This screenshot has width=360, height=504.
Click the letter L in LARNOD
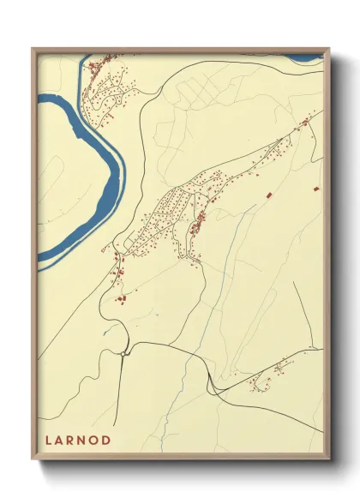(x=49, y=441)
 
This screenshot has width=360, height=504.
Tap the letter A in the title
(x=61, y=441)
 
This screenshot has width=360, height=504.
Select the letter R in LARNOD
(x=73, y=441)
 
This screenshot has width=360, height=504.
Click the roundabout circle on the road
(x=124, y=352)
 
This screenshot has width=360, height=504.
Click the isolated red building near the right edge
(x=316, y=186)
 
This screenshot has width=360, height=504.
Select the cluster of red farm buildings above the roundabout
(x=120, y=298)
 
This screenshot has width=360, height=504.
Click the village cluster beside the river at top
(x=107, y=86)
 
